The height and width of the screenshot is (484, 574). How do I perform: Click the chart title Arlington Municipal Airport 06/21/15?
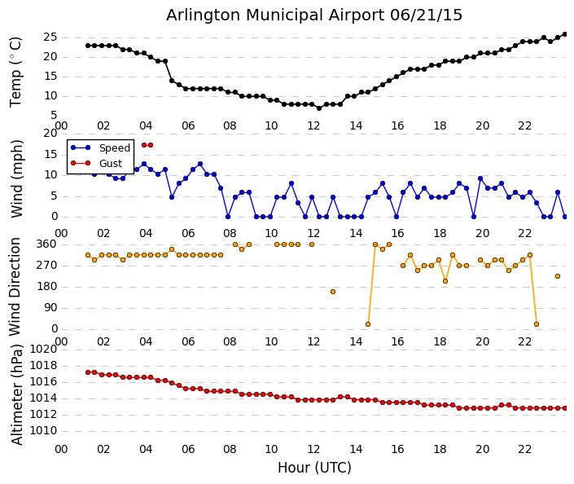pyautogui.click(x=314, y=15)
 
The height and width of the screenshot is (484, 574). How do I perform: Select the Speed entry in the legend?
pyautogui.click(x=114, y=148)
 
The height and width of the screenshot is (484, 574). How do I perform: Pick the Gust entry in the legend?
pyautogui.click(x=110, y=164)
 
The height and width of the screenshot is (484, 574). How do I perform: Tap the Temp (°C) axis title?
pyautogui.click(x=16, y=71)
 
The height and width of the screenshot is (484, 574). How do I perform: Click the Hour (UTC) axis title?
pyautogui.click(x=314, y=468)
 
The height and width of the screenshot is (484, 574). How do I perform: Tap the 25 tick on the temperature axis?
pyautogui.click(x=50, y=37)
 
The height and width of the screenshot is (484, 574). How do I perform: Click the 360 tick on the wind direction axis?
pyautogui.click(x=46, y=244)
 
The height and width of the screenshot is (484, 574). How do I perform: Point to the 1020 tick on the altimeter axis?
pyautogui.click(x=43, y=349)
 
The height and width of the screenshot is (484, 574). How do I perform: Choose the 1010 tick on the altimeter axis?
pyautogui.click(x=43, y=431)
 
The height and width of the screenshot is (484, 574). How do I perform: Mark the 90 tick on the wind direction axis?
pyautogui.click(x=50, y=308)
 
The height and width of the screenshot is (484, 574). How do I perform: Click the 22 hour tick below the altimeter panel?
pyautogui.click(x=525, y=449)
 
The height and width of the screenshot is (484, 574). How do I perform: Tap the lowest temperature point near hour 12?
pyautogui.click(x=319, y=108)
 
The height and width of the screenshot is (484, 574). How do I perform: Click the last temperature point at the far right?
pyautogui.click(x=565, y=34)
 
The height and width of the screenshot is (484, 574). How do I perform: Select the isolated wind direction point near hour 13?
pyautogui.click(x=333, y=291)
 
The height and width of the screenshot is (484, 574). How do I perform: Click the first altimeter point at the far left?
pyautogui.click(x=88, y=372)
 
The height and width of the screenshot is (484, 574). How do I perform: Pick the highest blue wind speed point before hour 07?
pyautogui.click(x=199, y=164)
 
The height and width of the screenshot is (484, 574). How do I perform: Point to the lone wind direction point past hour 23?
pyautogui.click(x=558, y=276)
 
